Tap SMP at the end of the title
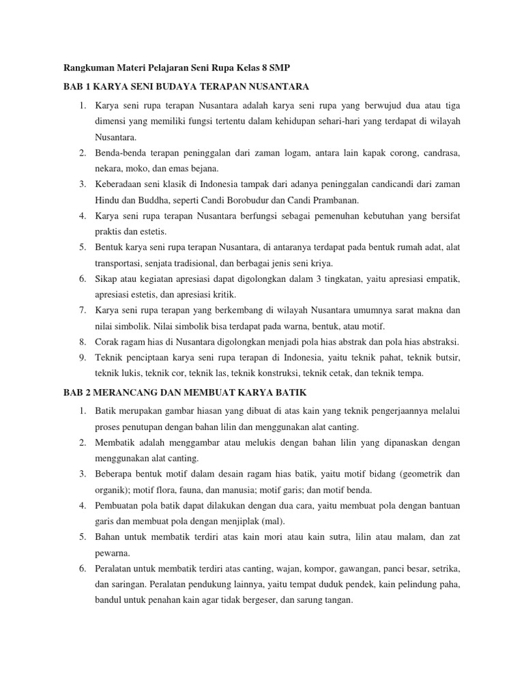tap(289, 68)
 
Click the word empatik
tap(443, 279)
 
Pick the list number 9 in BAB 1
tap(82, 358)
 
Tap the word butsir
tap(446, 358)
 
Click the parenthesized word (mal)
tap(273, 521)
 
